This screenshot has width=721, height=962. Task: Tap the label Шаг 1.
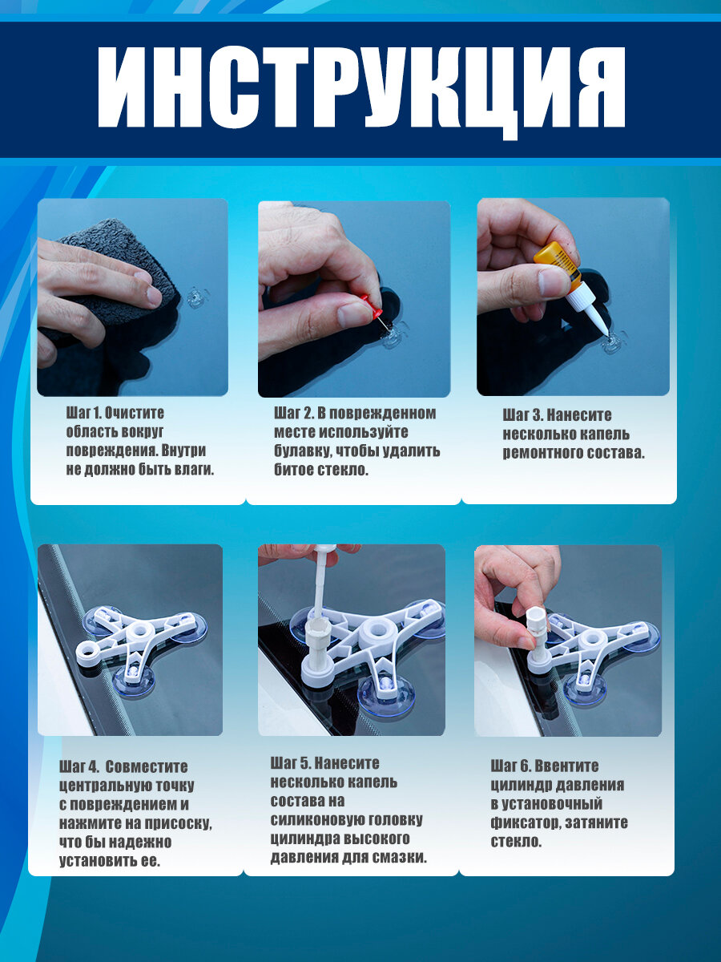point(84,413)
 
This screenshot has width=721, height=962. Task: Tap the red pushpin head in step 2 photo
point(371,305)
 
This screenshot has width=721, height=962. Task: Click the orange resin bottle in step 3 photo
point(558,265)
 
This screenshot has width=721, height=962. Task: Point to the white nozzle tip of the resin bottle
point(606,333)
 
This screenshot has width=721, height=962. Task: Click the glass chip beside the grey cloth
point(195,297)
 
